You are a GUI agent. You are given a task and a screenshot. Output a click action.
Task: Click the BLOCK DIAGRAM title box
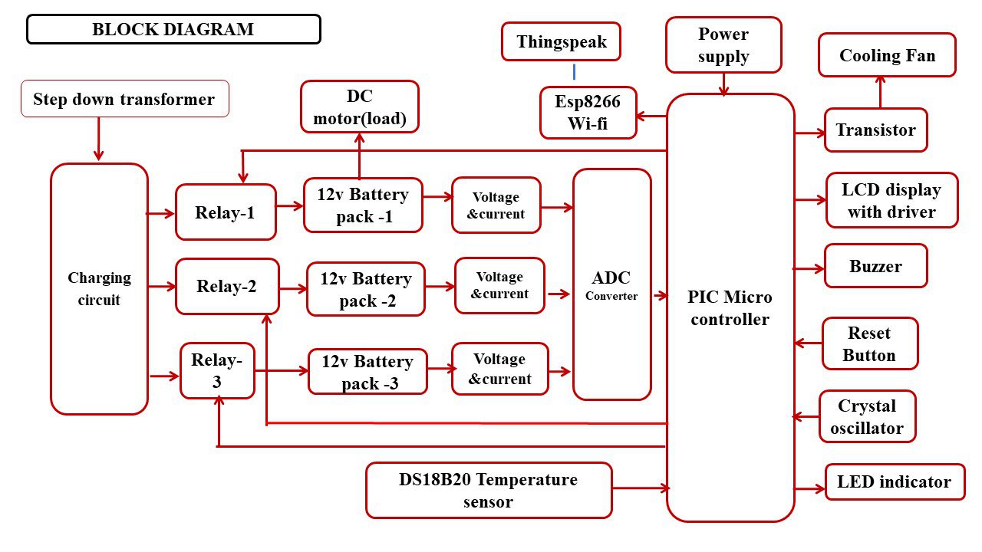point(173,30)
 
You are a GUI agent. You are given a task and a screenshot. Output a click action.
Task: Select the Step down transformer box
point(124,99)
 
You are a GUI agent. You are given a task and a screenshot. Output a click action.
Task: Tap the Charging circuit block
point(99,288)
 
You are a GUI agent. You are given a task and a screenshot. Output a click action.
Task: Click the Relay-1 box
point(226,212)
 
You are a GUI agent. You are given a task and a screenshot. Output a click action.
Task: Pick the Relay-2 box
point(227,287)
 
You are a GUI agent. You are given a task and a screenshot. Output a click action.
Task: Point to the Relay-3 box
point(217,370)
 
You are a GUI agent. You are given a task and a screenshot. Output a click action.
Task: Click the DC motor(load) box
point(360,107)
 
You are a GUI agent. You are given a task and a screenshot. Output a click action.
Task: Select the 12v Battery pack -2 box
point(366,289)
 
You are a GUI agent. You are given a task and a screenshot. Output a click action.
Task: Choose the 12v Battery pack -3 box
point(367,372)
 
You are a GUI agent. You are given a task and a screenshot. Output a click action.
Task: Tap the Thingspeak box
point(561,42)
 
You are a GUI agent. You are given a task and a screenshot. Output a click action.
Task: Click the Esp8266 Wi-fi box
point(588,112)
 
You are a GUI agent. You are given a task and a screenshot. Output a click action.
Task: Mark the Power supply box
point(723,45)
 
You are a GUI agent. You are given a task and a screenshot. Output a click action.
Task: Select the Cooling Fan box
point(887,55)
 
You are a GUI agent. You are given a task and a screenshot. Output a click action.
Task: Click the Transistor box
point(875,130)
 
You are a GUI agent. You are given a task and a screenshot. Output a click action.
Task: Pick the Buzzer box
point(875,267)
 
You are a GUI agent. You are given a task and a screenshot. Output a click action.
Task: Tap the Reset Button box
point(869,344)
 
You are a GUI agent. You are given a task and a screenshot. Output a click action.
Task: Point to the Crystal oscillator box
point(867,417)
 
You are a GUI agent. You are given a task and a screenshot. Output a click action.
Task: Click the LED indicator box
point(894,482)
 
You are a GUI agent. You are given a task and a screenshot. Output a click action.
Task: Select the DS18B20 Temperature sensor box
point(489,491)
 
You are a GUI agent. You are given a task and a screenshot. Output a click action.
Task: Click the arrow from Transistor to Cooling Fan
point(880,93)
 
